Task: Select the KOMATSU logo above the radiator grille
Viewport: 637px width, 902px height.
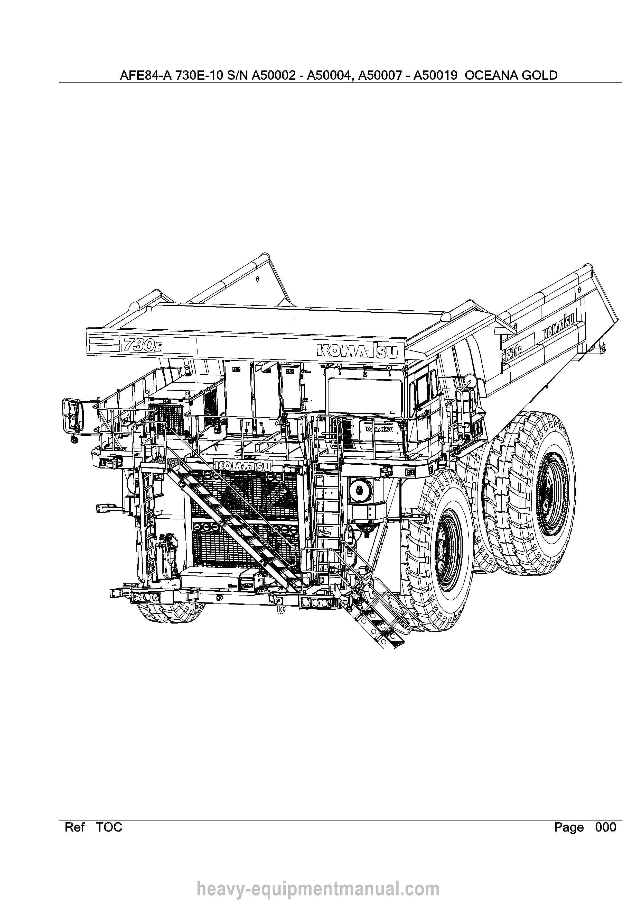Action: (x=243, y=466)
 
